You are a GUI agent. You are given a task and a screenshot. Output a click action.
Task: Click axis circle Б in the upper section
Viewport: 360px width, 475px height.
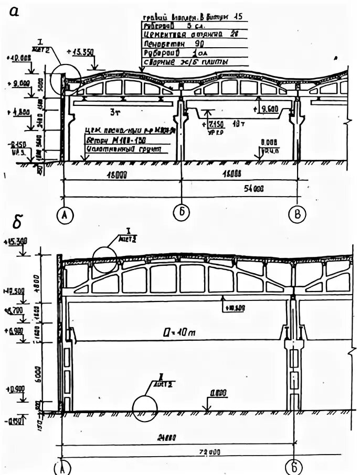point(181,213)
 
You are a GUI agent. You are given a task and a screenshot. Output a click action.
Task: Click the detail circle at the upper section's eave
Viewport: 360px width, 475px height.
point(66,78)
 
